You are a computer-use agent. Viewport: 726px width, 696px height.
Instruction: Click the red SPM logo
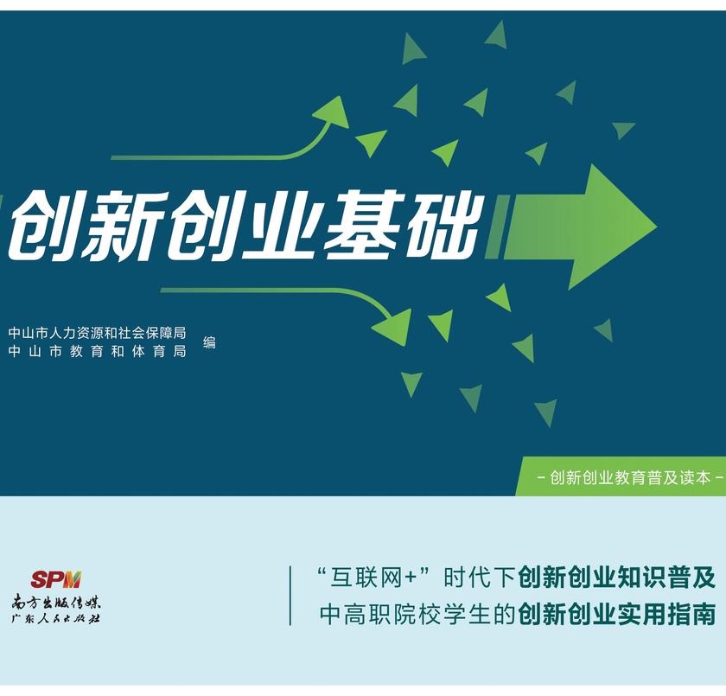coord(55,579)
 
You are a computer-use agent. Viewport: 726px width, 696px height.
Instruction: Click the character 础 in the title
coord(441,225)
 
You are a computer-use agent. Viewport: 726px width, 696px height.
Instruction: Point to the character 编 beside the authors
coord(209,342)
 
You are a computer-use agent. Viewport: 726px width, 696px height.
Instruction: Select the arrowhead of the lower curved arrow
coord(393,325)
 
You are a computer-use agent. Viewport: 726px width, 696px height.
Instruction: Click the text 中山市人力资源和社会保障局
coord(97,333)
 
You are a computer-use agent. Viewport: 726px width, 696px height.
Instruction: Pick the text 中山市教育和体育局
coord(97,352)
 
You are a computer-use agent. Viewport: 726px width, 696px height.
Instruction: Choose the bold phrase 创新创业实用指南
coord(617,614)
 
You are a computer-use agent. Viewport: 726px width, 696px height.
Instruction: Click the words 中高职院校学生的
coord(418,614)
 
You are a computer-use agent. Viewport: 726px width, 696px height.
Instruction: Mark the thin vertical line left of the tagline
coord(290,595)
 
